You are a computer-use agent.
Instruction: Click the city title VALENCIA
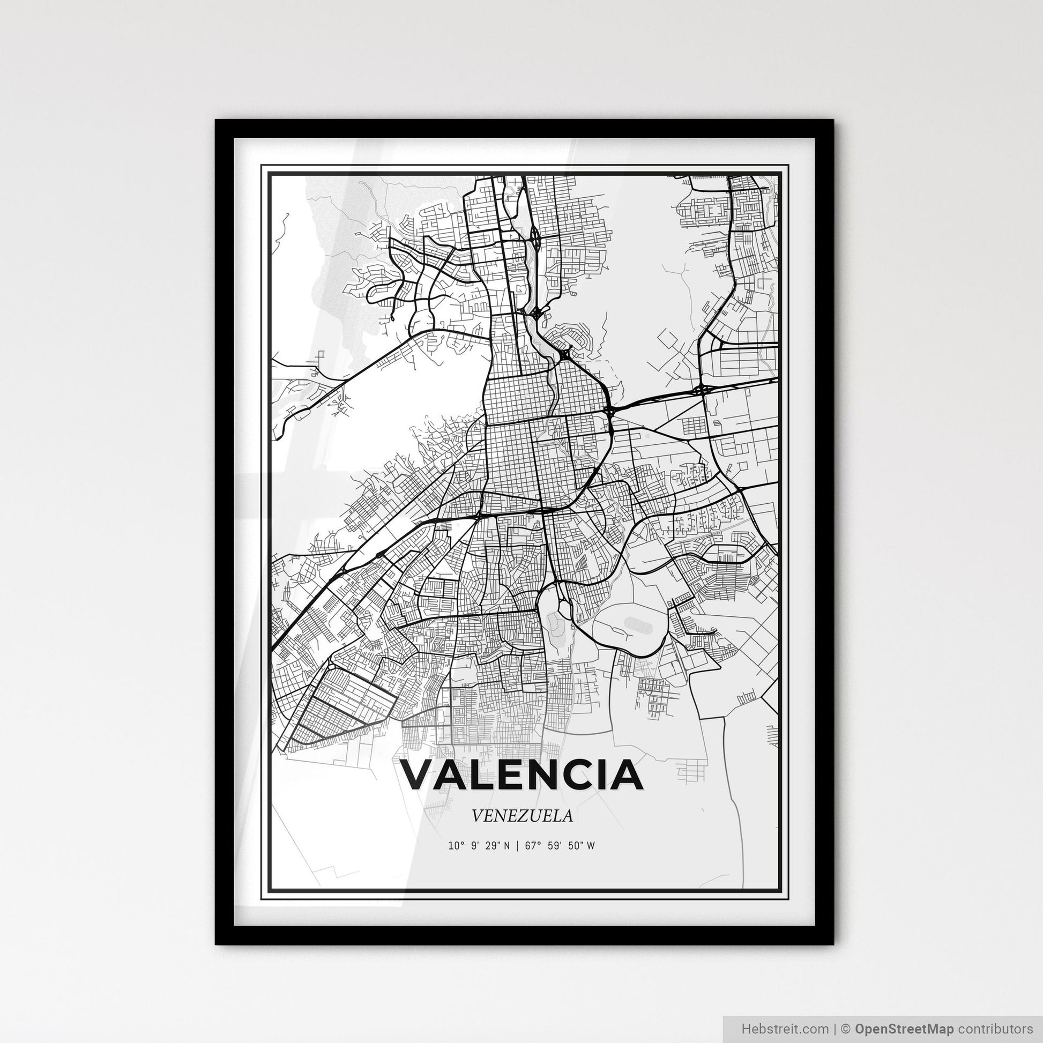click(x=521, y=774)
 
